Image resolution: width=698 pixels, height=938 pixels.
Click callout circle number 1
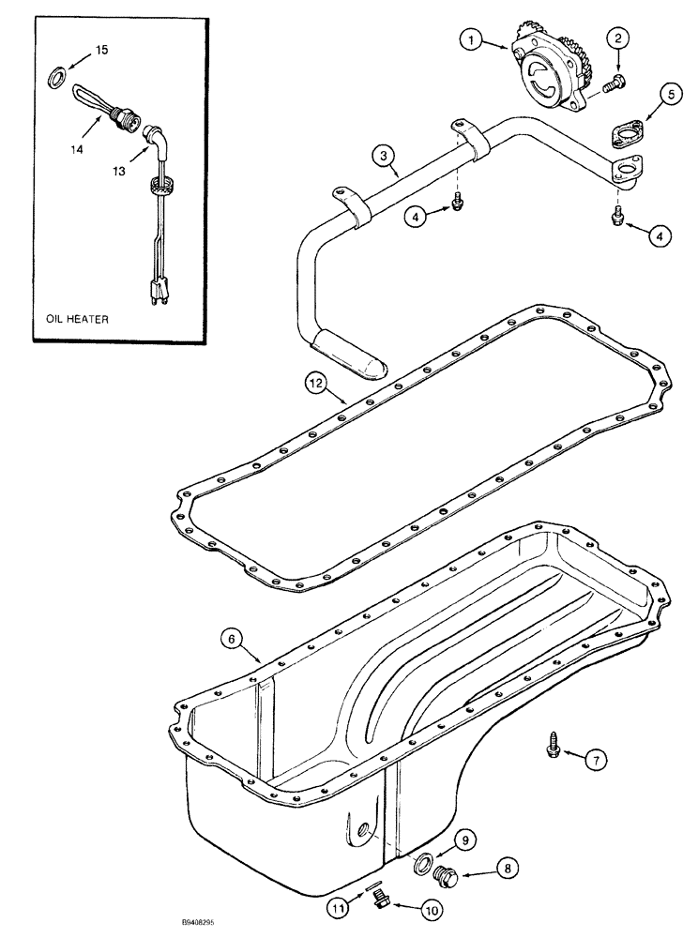click(472, 39)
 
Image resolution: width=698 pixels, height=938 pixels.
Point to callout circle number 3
click(379, 157)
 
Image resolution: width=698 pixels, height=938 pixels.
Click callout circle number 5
click(669, 94)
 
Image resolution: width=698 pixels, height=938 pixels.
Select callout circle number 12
click(318, 382)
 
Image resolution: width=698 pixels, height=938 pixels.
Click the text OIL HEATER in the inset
click(77, 319)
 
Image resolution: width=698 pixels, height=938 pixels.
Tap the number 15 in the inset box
click(100, 49)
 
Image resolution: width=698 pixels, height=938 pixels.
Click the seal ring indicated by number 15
click(56, 73)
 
